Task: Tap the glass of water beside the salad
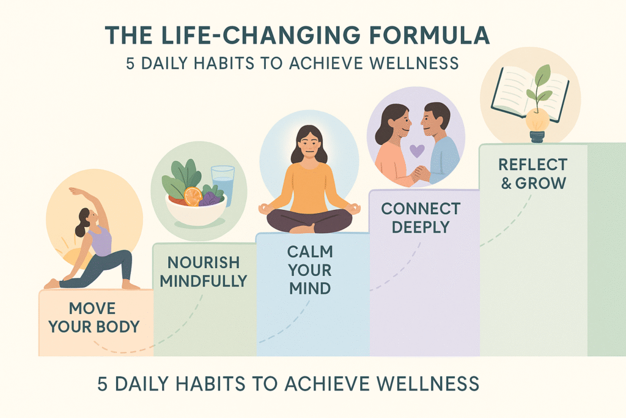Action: (223, 184)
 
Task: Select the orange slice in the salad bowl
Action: (193, 196)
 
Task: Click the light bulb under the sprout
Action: (537, 123)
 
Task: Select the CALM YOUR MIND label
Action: (310, 269)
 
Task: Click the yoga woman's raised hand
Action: (73, 192)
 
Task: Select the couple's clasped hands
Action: (421, 174)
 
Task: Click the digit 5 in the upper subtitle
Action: (131, 64)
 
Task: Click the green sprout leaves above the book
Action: (541, 86)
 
